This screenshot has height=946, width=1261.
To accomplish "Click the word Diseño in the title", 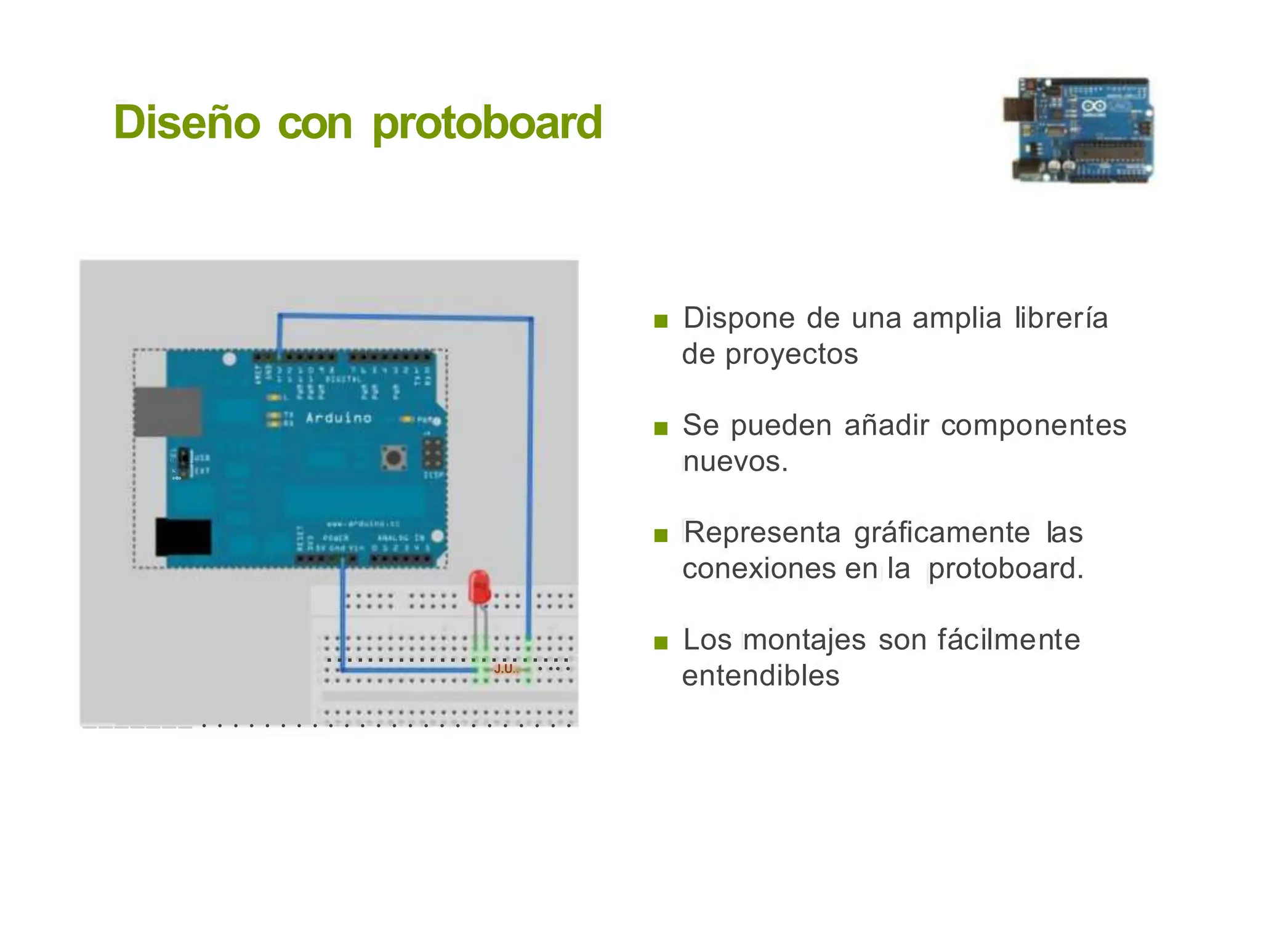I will pos(187,123).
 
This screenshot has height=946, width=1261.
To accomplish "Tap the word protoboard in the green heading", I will pos(487,123).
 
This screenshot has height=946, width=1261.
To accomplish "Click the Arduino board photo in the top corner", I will pos(1079,130).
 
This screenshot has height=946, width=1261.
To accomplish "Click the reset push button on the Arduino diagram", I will pos(393,458).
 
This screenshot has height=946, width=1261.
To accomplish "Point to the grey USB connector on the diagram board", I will pos(167,412).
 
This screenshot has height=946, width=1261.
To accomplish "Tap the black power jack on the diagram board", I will pos(183,537).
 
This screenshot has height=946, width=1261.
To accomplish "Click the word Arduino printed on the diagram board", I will pos(339,418).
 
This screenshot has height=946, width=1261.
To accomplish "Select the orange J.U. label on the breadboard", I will pos(506,668).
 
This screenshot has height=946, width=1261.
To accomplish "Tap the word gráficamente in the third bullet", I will pos(942,533).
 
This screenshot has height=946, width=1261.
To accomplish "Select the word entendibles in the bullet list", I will pos(760,676).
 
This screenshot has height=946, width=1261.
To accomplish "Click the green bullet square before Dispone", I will pos(661,321).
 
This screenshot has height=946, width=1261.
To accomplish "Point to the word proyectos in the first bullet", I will pos(791,355).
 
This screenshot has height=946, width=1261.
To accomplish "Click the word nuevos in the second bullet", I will pos(733,462).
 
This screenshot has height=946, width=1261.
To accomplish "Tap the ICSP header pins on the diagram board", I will pos(433,453).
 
